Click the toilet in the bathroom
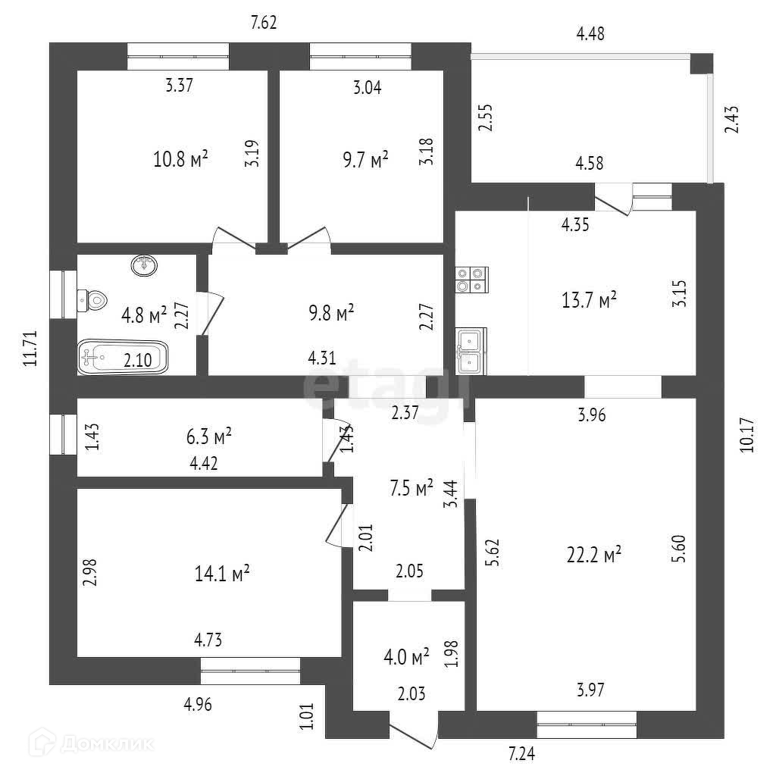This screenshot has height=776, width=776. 92,300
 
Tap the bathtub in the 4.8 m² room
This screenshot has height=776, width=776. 122,355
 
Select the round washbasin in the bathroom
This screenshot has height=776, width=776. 144,266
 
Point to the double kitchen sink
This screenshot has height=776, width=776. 471,352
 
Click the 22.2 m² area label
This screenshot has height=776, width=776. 594,555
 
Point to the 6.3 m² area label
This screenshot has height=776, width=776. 208,437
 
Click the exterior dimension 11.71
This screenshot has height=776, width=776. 31,348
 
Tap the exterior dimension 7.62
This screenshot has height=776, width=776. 263,22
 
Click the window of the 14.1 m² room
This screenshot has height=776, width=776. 250,671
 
